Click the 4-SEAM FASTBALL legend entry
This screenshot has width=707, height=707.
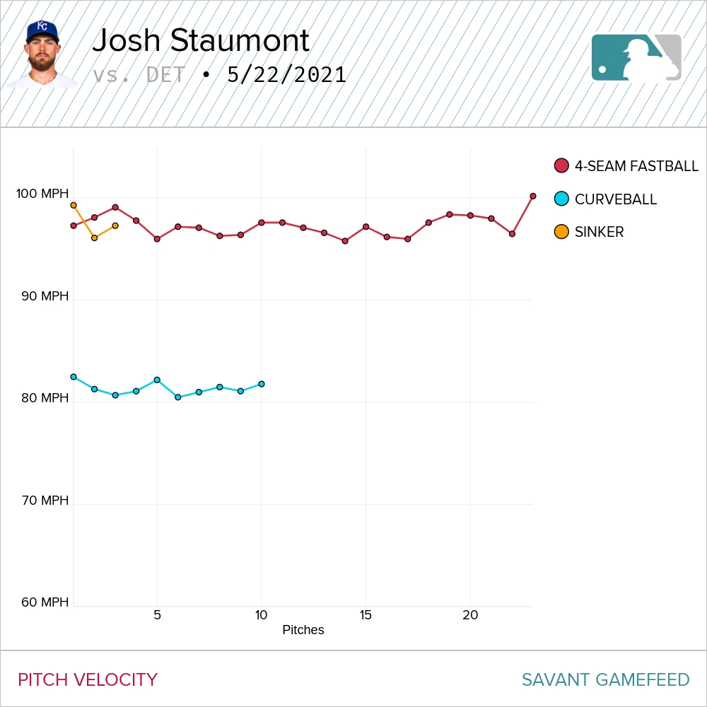[x=626, y=166]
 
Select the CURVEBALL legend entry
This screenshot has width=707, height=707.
[x=606, y=199]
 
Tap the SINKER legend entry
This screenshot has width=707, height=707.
[x=590, y=232]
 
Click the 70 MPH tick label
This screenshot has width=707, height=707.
[x=45, y=501]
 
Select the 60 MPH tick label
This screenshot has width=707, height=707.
[x=45, y=602]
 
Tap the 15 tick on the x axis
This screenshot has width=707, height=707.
[x=366, y=615]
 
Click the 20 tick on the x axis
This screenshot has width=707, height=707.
[x=470, y=615]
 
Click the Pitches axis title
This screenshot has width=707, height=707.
[x=303, y=630]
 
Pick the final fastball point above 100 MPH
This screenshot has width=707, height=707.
[x=533, y=196]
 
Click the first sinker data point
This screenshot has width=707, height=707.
[x=74, y=205]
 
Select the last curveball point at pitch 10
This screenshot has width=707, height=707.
[x=262, y=384]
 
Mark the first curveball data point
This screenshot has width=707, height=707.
[x=74, y=377]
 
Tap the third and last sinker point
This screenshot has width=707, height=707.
[x=115, y=226]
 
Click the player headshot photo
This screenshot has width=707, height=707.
[x=42, y=53]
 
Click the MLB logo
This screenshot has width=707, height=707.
[x=636, y=57]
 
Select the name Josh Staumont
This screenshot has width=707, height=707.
[x=201, y=41]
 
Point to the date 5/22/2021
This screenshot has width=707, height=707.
[x=286, y=75]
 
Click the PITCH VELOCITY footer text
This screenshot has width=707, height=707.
[x=88, y=680]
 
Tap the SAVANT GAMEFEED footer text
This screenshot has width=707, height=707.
[x=605, y=680]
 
